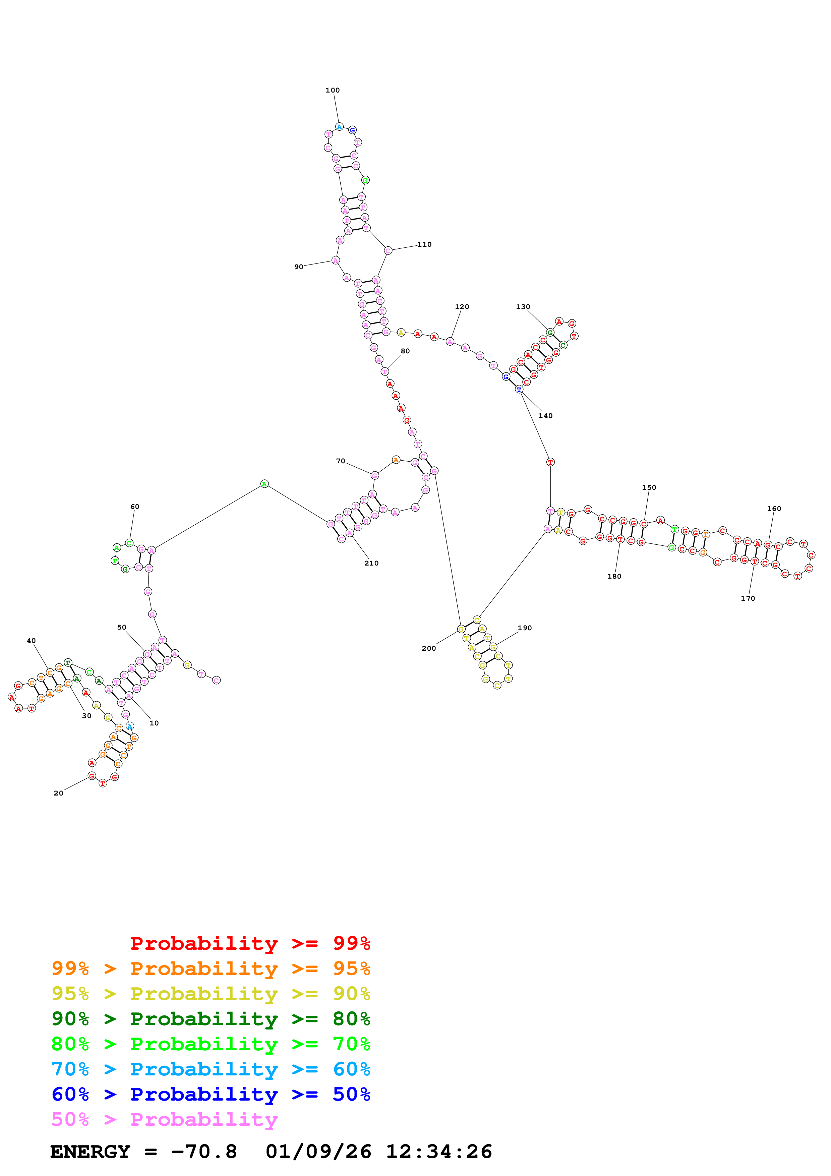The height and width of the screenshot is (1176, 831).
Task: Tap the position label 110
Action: tap(424, 244)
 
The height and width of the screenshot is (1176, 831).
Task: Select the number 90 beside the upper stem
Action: tap(298, 267)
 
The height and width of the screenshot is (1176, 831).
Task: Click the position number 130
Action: tap(523, 307)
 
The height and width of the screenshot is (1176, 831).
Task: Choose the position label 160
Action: tap(774, 509)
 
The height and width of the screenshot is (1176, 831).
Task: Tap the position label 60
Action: tap(135, 507)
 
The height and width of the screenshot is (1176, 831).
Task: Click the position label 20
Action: tap(58, 793)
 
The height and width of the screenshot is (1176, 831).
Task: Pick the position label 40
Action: tap(31, 641)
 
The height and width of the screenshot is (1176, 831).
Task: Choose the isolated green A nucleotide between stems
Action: tap(264, 484)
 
